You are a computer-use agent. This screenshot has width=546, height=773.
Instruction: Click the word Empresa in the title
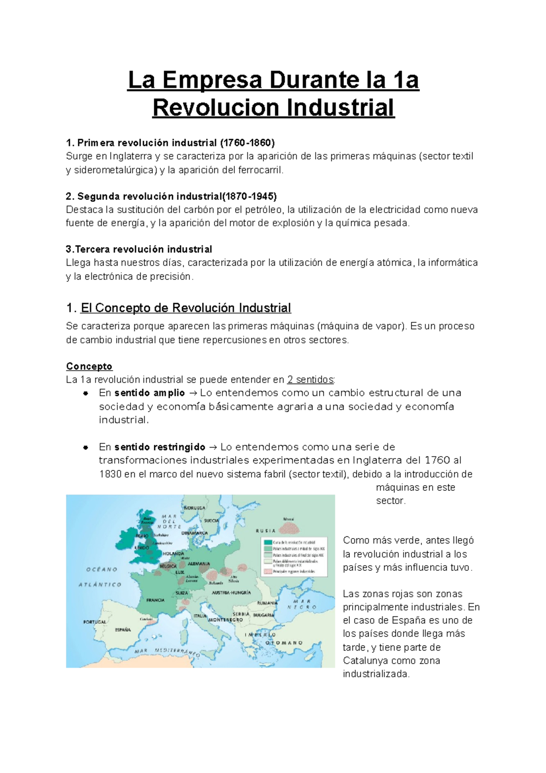coord(212,80)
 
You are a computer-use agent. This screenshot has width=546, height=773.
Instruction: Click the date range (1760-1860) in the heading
coord(248,143)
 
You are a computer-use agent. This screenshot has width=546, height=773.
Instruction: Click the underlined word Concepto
coord(89,366)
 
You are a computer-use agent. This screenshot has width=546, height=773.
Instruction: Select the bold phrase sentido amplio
coord(150,393)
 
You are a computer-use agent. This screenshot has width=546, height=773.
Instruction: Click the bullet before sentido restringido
coord(85,447)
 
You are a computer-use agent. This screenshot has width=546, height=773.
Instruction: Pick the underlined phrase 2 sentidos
coord(311,380)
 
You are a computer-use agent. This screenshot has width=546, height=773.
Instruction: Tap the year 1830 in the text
coord(110,474)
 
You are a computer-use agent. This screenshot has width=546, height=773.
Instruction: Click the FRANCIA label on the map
coord(155,600)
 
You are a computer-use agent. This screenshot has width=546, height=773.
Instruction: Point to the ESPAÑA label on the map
coord(123,630)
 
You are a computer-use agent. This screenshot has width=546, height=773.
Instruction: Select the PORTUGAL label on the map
coord(94,622)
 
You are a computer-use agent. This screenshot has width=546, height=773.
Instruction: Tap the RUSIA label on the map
coord(265,531)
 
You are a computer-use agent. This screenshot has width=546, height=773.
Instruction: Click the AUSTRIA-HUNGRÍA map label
coord(231,593)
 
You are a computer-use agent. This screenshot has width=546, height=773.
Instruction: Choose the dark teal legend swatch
coord(268,542)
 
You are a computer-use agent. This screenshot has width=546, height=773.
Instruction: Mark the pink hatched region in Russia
coord(289,528)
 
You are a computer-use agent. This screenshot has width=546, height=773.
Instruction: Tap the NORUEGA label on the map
coord(194,508)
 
